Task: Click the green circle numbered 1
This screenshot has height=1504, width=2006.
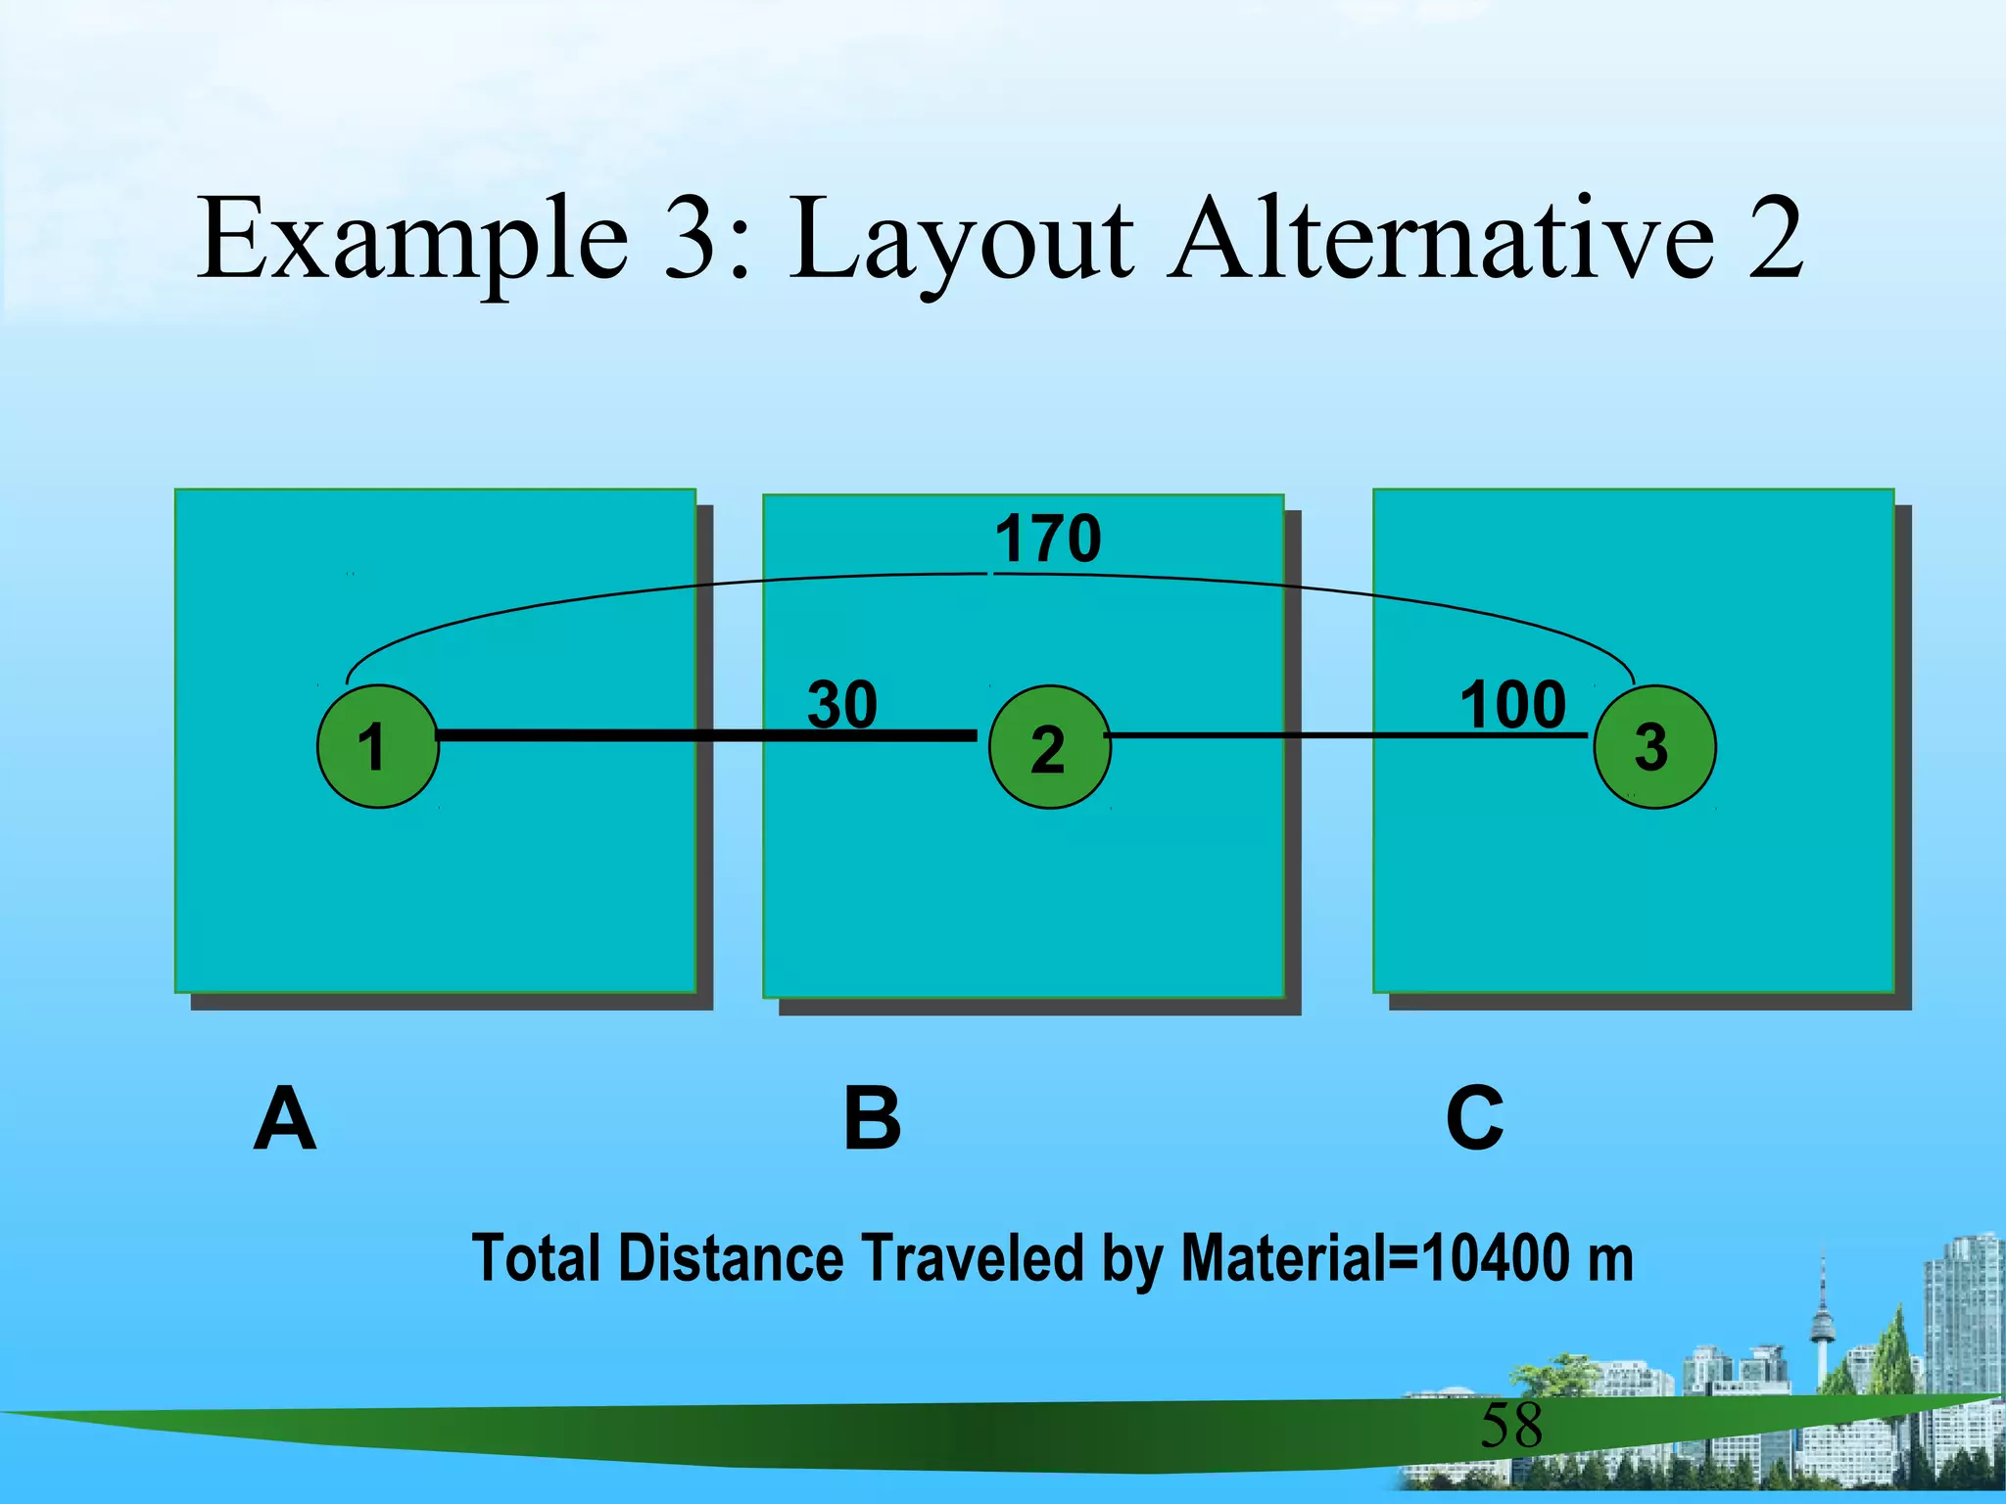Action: (x=377, y=746)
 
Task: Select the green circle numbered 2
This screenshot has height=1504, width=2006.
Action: (x=1049, y=747)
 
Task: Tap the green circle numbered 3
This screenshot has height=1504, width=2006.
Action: (x=1654, y=746)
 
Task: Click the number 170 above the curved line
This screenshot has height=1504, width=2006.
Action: (x=1048, y=539)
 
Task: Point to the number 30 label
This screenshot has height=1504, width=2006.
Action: (x=842, y=704)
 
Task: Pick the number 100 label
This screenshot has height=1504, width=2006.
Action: (x=1513, y=704)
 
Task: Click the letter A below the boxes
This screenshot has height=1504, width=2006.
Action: (x=285, y=1119)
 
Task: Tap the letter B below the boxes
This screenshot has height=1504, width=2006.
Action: (x=872, y=1119)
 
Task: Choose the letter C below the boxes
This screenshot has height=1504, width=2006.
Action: (x=1474, y=1119)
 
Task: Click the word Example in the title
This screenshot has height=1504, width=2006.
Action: (x=412, y=240)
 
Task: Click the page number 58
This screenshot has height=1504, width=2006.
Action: (x=1511, y=1426)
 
